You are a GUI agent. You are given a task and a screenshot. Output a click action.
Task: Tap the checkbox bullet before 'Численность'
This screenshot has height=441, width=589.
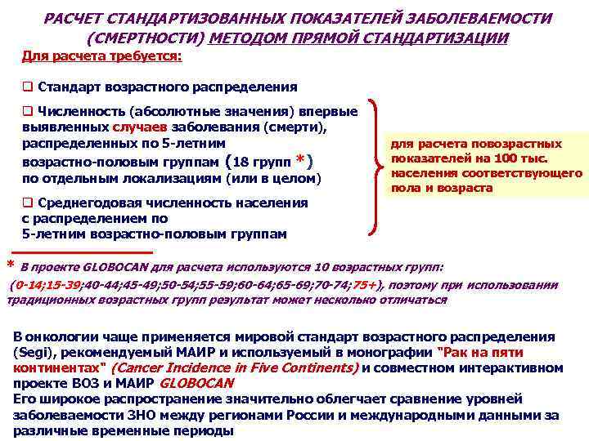[x=27, y=112]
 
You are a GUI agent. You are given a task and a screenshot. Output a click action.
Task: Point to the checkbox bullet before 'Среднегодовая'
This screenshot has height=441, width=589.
[x=27, y=203]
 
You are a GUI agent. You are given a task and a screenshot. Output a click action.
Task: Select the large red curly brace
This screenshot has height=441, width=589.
[x=377, y=168]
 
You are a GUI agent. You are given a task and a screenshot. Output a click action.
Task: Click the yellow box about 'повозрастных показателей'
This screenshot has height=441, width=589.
[x=488, y=166]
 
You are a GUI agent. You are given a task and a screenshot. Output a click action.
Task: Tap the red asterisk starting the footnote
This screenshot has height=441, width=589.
[x=10, y=265]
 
